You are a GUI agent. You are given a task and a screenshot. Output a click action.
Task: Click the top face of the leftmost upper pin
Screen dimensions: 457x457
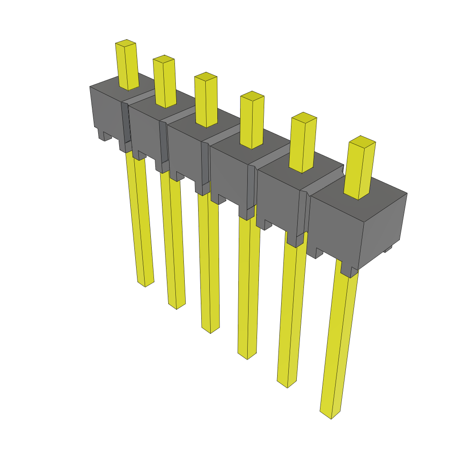coord(125,43)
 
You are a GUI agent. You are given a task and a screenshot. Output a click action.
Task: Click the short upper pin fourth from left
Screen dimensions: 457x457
coord(252,123)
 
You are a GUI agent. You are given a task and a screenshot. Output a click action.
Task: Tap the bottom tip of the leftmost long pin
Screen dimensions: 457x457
coord(145,283)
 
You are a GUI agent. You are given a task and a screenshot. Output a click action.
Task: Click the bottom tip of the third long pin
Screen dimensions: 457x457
coord(211,329)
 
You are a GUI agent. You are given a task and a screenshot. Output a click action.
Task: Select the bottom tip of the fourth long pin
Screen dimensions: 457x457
coord(247,355)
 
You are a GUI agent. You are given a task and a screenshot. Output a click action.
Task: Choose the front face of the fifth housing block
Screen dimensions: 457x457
coord(279,196)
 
